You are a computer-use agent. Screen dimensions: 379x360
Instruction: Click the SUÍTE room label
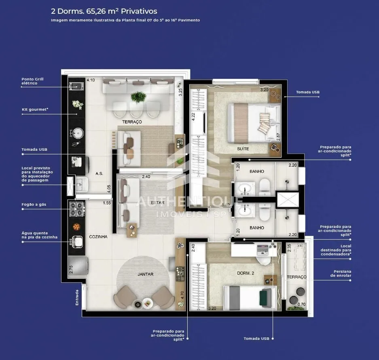(x=243, y=149)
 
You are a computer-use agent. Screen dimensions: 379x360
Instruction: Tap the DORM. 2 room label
(x=246, y=273)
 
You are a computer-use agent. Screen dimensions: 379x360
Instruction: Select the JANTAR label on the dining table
(x=146, y=274)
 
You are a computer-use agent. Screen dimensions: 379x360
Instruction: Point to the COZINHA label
(x=98, y=237)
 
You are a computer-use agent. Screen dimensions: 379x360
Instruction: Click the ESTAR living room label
(x=158, y=202)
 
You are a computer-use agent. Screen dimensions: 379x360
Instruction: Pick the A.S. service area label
(x=99, y=173)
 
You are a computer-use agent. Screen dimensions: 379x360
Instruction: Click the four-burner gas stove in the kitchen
(x=77, y=209)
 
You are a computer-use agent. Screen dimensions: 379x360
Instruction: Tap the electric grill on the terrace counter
(x=76, y=86)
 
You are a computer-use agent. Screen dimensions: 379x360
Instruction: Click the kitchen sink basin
(x=77, y=242)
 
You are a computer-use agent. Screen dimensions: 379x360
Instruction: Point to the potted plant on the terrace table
(x=138, y=97)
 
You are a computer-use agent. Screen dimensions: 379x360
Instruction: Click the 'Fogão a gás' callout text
(x=34, y=204)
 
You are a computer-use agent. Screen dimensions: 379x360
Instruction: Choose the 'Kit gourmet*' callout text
(x=35, y=109)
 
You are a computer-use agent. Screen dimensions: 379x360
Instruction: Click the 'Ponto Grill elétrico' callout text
(x=33, y=81)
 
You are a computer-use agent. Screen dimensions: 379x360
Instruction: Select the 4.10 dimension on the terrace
(x=91, y=80)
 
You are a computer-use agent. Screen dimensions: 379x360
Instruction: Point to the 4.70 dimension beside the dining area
(x=182, y=295)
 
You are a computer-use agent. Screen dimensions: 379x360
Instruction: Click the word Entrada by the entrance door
(x=77, y=297)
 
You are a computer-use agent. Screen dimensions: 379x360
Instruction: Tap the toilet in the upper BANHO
(x=265, y=186)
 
